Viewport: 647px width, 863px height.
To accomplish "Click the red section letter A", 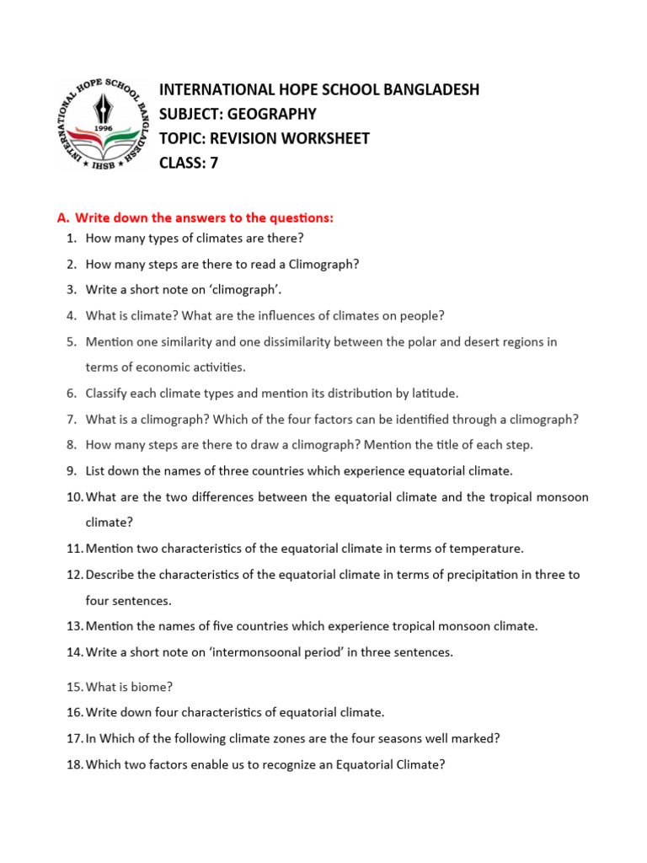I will (62, 218).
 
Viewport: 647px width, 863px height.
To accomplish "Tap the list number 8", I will (72, 445).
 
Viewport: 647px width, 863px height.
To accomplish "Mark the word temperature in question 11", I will (486, 549).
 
